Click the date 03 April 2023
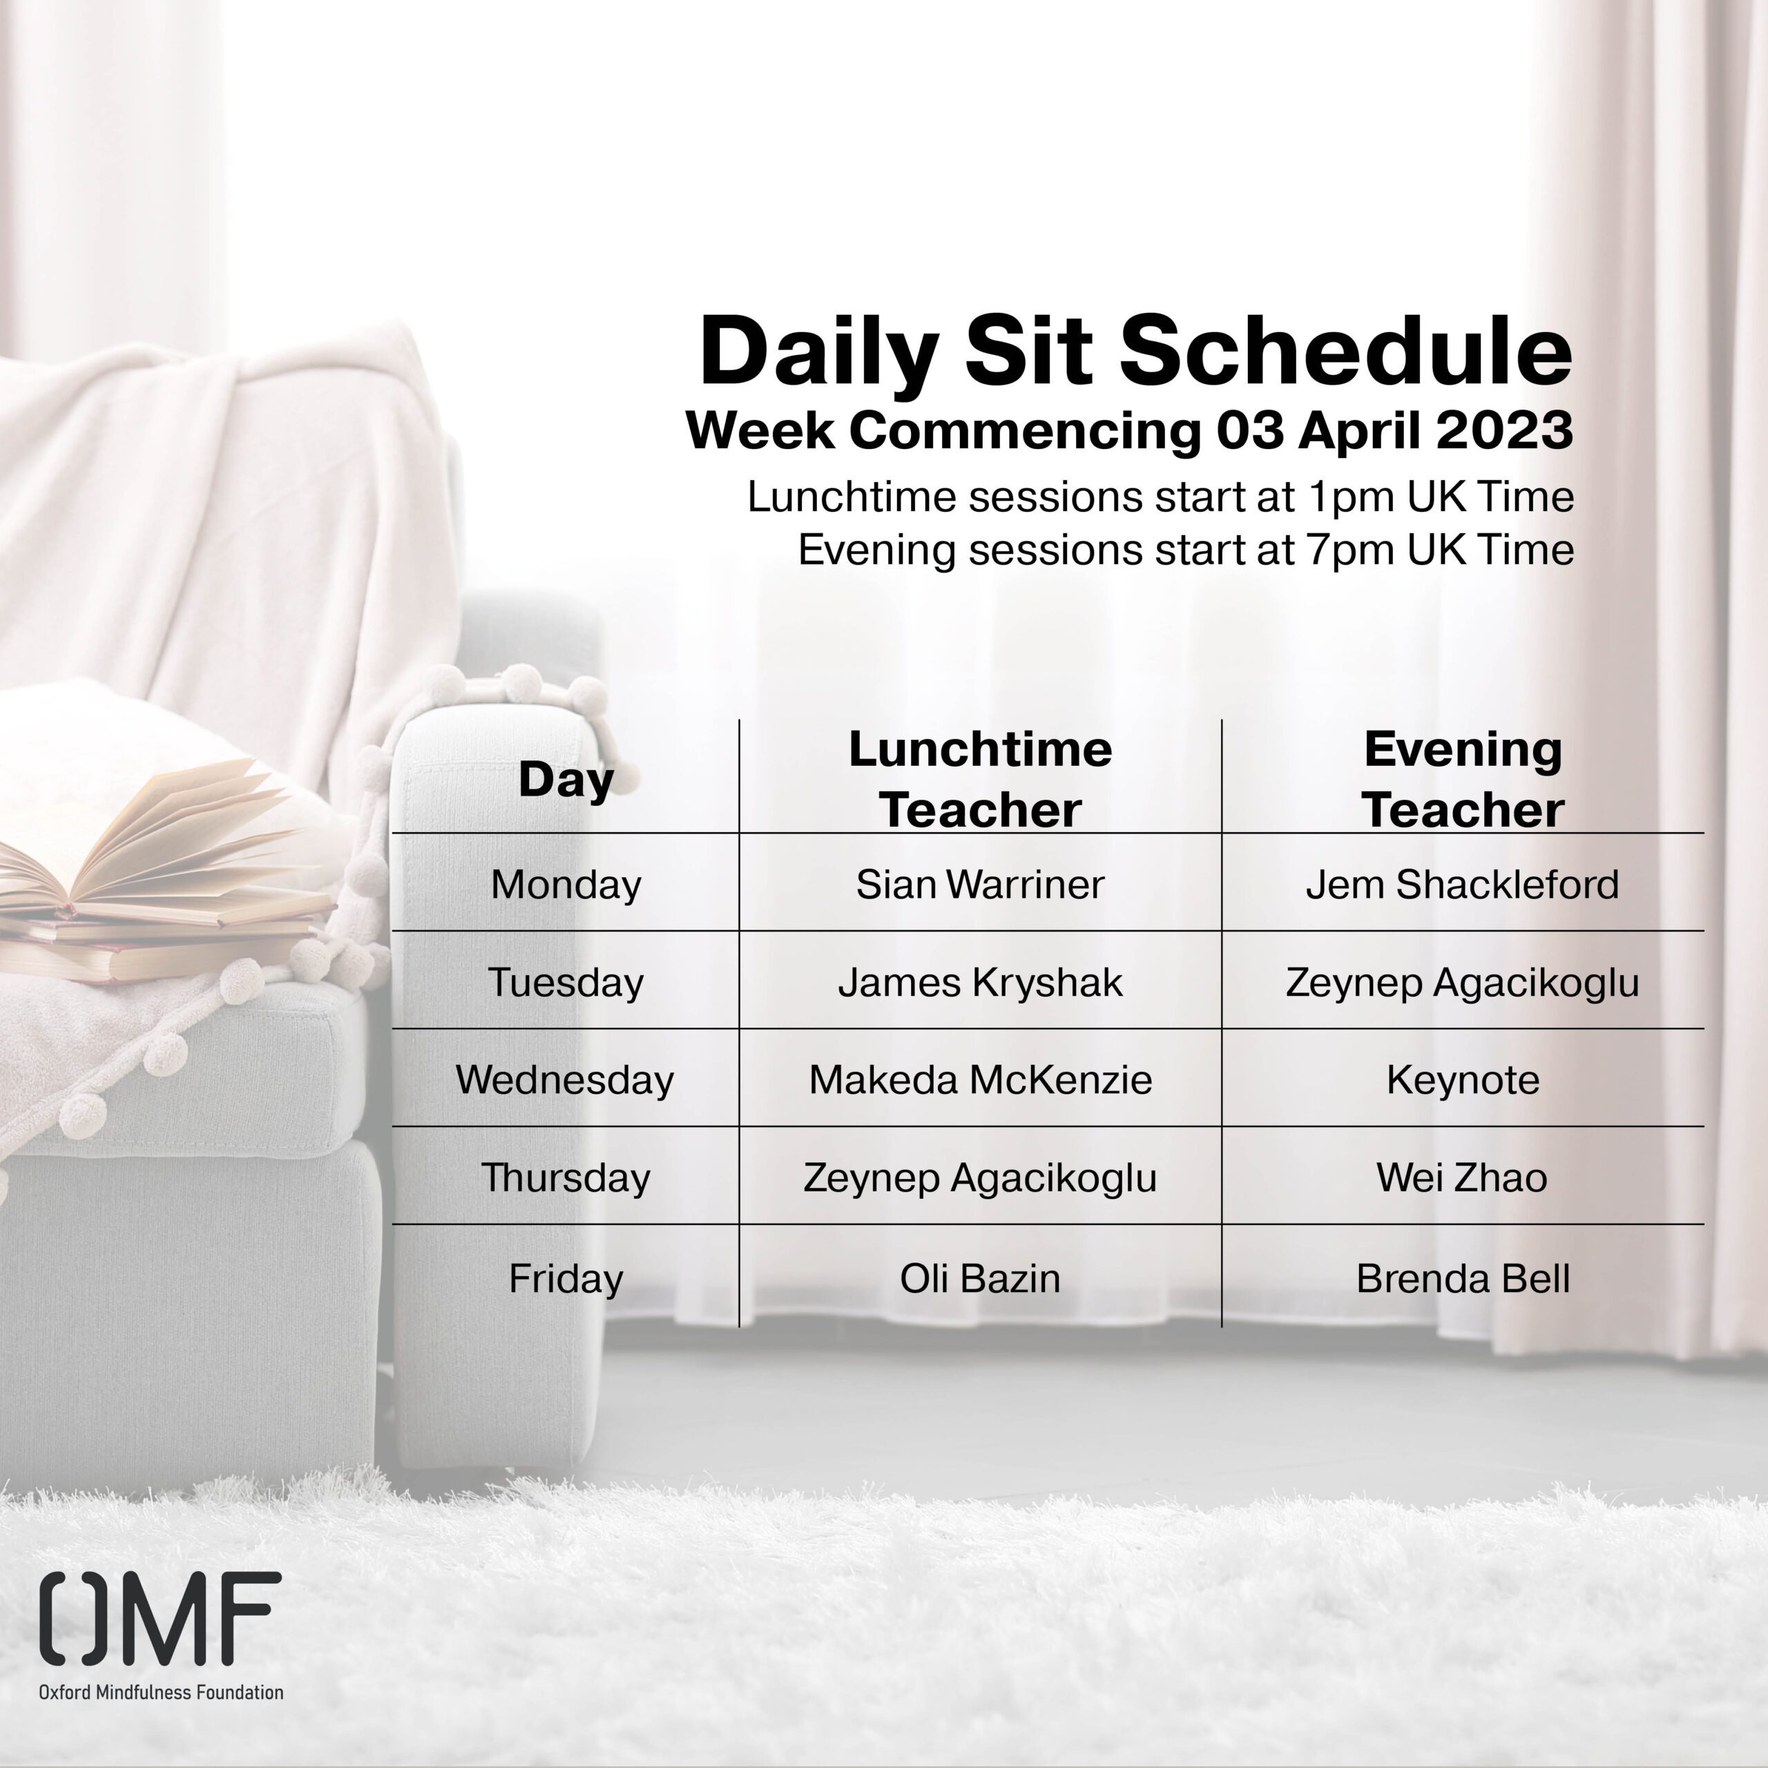pos(1394,430)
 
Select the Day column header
pos(566,780)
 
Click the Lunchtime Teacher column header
pos(980,780)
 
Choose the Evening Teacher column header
pos(1462,780)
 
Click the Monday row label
pos(566,885)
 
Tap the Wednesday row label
pos(565,1080)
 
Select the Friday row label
pos(566,1278)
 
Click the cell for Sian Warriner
pos(980,885)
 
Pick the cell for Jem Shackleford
pos(1462,885)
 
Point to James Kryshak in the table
pos(980,983)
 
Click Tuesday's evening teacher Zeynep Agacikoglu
pos(1462,983)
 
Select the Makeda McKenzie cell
pos(980,1080)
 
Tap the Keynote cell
pos(1462,1081)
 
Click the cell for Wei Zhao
pos(1462,1178)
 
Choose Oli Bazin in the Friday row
pos(980,1278)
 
